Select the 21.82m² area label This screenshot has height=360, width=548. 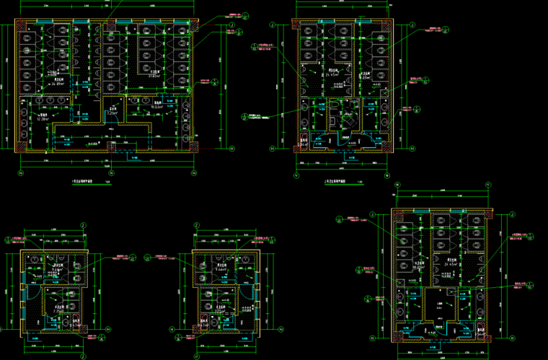154,76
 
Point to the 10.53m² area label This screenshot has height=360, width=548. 155,106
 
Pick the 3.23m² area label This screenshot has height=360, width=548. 112,113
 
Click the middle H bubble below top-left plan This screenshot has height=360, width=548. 107,173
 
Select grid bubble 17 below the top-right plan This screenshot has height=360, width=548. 296,175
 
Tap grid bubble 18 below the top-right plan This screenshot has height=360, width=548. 387,175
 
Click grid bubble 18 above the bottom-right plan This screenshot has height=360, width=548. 397,185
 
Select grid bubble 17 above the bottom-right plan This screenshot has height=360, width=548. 488,185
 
